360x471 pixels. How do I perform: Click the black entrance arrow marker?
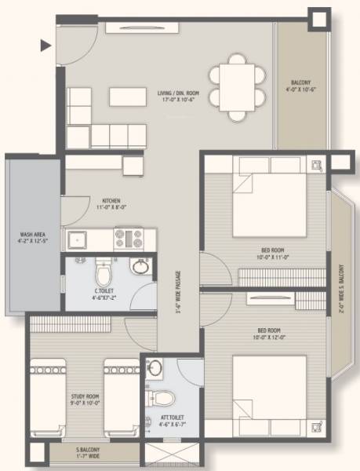tap(46, 46)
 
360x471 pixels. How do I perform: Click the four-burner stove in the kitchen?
tap(128, 238)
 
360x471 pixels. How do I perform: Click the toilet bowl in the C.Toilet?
tap(103, 273)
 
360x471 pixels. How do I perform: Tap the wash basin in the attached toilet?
tap(155, 369)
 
